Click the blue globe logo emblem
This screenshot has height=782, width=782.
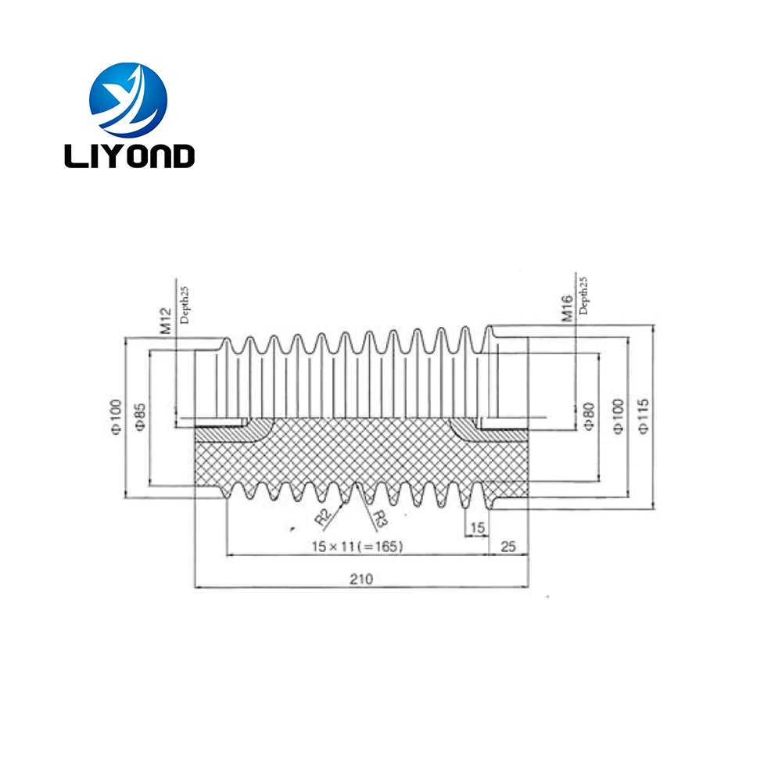coord(128,99)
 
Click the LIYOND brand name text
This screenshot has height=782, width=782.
coord(129,156)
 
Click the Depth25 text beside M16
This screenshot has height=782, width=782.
coord(584,294)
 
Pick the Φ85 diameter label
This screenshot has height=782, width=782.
coord(141,415)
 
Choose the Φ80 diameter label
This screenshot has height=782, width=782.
coord(588,416)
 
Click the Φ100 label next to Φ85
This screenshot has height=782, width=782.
coord(116,415)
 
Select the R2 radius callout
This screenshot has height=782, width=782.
coord(321,516)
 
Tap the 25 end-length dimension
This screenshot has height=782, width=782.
coord(508,547)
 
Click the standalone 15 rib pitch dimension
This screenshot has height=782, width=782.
coord(476,528)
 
